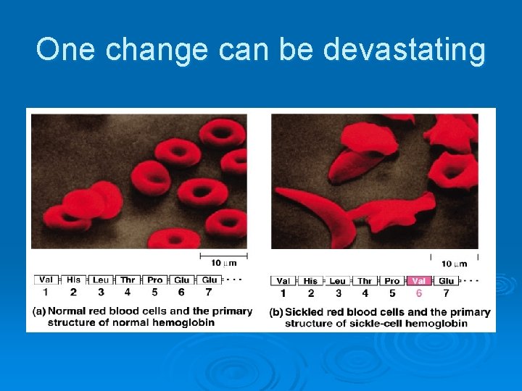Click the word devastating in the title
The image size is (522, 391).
405,50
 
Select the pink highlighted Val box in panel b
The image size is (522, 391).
419,281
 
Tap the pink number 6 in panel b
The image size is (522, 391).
419,293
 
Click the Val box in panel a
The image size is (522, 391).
46,279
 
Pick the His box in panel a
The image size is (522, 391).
73,279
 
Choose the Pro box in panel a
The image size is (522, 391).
154,279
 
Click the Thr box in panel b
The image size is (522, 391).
365,281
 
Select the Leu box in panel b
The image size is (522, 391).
337,281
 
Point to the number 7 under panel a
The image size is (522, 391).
209,292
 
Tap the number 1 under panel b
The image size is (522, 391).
283,293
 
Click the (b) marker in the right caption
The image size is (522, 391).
276,312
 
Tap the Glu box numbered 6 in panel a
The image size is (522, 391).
182,279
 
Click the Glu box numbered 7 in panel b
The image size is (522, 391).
447,281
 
